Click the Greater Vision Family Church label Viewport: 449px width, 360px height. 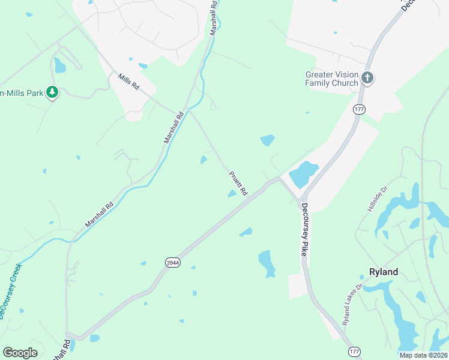[331, 79]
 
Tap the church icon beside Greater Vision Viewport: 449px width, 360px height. [367, 78]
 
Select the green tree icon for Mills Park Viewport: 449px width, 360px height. [52, 92]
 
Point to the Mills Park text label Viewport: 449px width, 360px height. [21, 93]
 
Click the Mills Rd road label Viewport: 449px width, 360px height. [128, 82]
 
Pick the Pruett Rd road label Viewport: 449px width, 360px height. [238, 183]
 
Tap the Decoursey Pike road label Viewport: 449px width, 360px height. [305, 229]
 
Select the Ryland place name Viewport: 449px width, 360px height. [383, 272]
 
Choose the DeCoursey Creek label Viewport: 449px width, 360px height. [10, 290]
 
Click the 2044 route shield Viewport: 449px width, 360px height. [172, 262]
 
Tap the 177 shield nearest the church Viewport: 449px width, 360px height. [359, 109]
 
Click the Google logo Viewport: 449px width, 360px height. [20, 353]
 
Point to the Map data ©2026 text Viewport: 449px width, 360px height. [424, 355]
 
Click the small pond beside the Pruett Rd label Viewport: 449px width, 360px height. [232, 193]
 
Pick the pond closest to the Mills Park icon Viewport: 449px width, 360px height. [59, 65]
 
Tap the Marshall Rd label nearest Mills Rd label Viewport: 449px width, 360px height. [173, 127]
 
